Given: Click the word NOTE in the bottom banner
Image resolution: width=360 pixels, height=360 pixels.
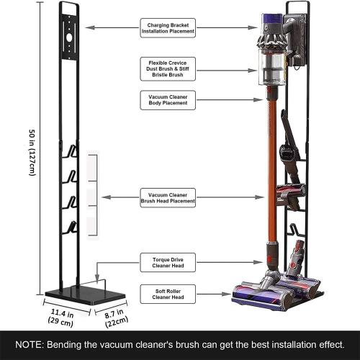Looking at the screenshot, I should [28, 344].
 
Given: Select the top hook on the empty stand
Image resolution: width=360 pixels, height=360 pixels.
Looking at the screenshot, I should [72, 151].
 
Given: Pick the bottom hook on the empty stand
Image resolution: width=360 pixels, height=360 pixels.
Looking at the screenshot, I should [72, 228].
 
